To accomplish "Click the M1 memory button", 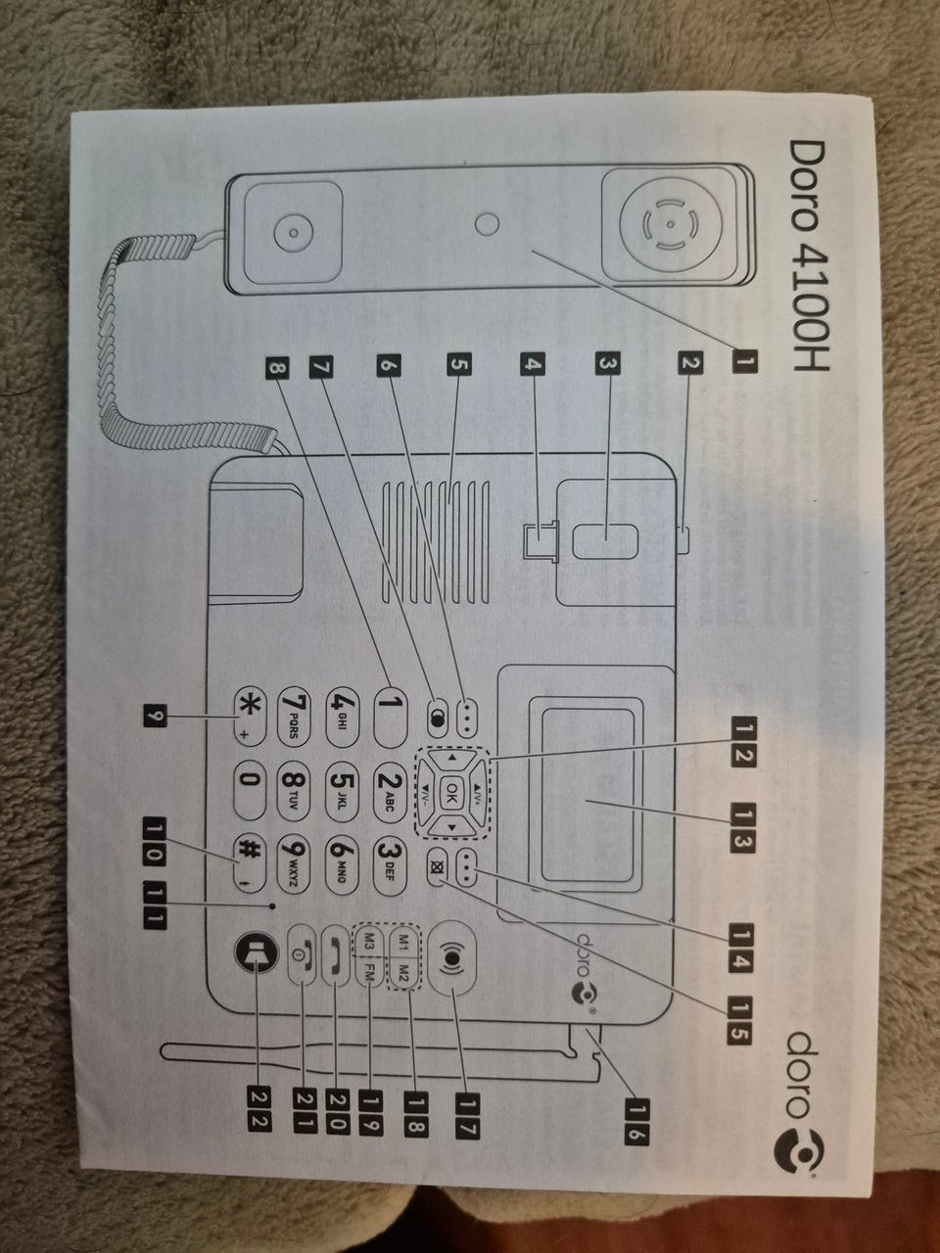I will [x=403, y=941].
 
